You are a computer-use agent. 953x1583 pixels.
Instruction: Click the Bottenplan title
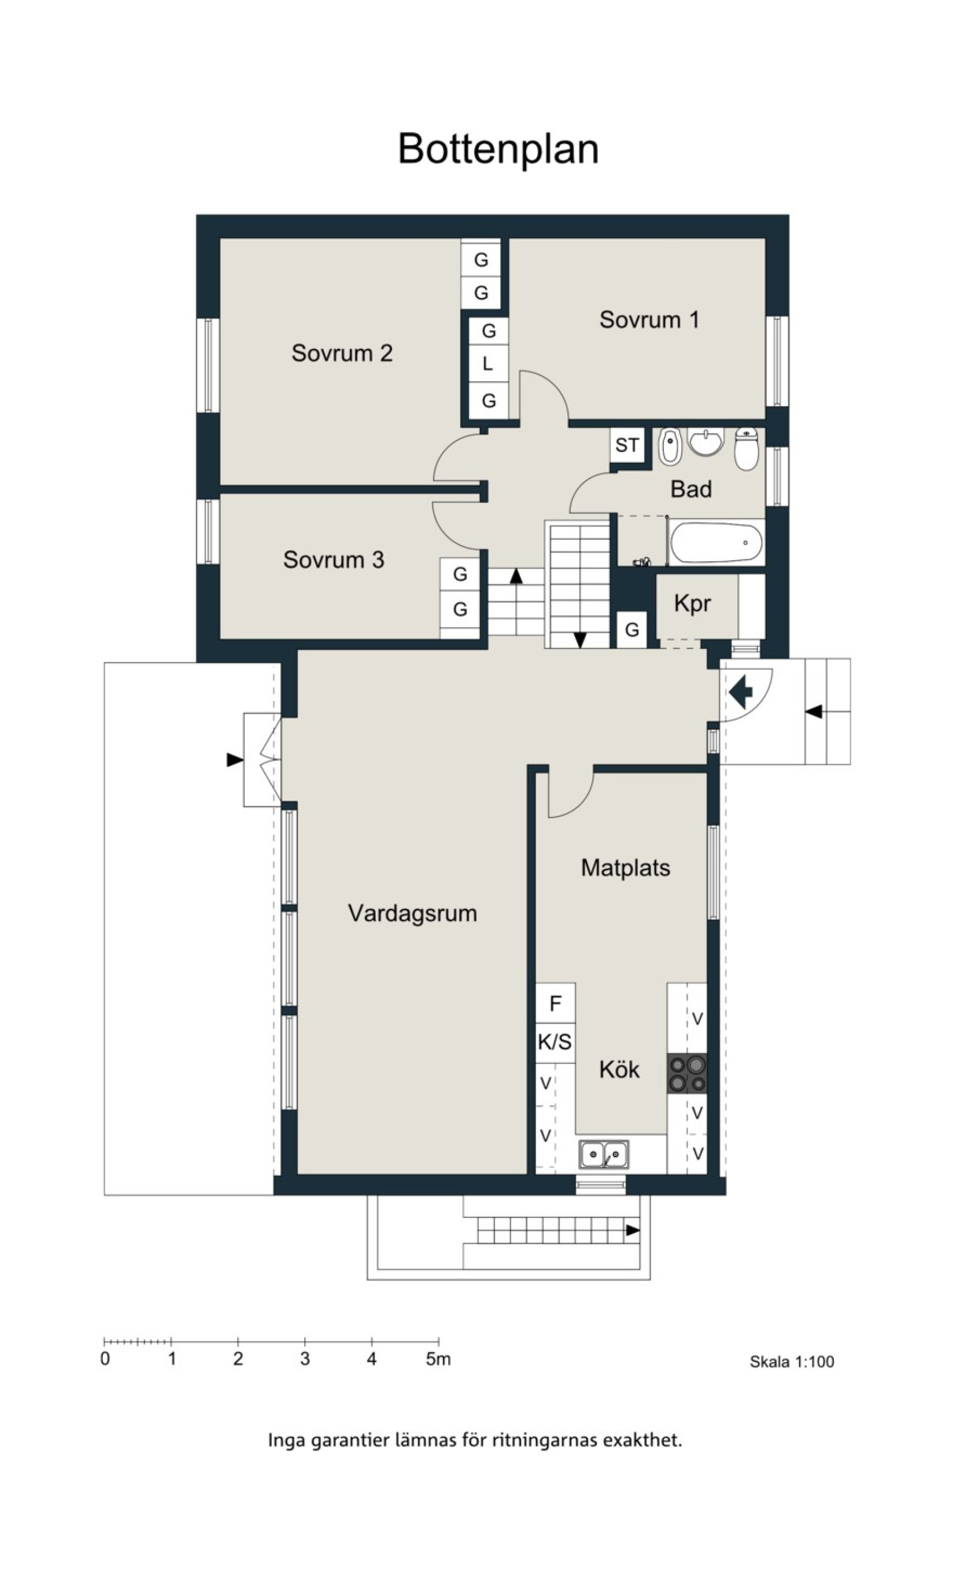498,150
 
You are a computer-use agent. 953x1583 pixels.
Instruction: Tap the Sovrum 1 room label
649,319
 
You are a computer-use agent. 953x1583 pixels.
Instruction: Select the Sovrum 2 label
342,353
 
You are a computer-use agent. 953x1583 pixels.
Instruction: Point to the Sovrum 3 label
334,559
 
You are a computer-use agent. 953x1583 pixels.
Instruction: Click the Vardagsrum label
412,913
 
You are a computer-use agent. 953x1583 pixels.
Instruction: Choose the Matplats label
626,868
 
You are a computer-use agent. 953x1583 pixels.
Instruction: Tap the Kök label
619,1069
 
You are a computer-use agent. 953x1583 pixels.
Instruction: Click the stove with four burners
687,1073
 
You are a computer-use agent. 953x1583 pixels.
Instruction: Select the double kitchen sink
603,1154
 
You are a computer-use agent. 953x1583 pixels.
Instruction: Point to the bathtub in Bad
716,543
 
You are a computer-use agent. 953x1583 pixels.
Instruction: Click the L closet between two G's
488,365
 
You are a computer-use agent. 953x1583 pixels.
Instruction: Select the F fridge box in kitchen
556,1003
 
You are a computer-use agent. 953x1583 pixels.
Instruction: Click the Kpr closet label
692,604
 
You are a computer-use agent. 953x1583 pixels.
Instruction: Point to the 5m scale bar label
438,1360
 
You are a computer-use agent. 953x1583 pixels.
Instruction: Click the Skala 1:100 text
792,1361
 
